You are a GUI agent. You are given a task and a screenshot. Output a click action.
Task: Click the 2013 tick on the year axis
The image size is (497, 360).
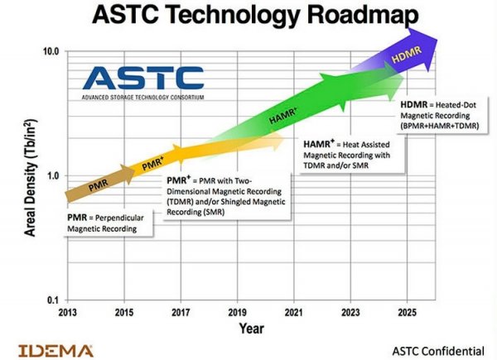tap(68, 313)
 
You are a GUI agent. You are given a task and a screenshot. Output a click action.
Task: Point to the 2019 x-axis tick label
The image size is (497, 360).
tap(238, 313)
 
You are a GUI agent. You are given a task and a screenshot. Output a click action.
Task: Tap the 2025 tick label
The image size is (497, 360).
tap(408, 313)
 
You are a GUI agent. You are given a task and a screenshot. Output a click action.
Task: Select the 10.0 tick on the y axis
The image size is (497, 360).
tap(51, 51)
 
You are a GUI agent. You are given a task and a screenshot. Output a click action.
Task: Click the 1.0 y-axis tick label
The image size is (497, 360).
tap(54, 175)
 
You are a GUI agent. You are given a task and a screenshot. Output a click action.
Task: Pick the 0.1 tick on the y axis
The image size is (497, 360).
tap(53, 300)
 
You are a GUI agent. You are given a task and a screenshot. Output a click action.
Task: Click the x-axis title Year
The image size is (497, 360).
tap(251, 329)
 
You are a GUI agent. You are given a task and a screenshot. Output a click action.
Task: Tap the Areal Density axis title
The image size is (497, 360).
tap(31, 178)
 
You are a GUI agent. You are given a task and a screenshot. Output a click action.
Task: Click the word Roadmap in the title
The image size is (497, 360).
tap(363, 15)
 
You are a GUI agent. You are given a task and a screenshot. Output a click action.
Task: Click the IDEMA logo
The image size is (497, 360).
tap(55, 351)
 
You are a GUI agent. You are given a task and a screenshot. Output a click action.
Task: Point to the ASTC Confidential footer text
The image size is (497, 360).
tap(438, 351)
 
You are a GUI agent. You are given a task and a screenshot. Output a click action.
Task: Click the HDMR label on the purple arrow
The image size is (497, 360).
tap(407, 55)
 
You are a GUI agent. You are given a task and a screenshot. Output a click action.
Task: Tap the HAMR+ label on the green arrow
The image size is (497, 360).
tap(283, 116)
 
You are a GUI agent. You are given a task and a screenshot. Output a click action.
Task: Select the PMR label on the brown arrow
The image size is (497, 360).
tap(99, 185)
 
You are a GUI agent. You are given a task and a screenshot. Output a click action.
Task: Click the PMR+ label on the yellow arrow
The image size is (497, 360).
tap(152, 164)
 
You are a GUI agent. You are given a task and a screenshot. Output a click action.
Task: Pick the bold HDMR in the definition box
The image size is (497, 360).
tap(414, 105)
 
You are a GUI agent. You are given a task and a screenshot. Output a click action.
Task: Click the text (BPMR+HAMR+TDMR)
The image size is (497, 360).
tap(440, 126)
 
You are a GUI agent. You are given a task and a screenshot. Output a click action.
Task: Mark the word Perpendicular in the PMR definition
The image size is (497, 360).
tap(119, 218)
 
